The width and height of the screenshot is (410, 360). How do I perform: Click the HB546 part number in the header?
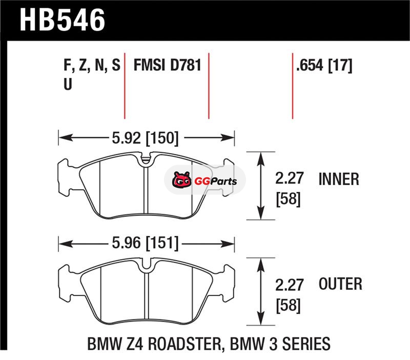pos(62,20)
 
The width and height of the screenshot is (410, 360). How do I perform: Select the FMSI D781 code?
pos(168,65)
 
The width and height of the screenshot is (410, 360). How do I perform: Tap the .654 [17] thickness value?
pos(324,65)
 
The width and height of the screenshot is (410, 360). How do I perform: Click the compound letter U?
pos(68,84)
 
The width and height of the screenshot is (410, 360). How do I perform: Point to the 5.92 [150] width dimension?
pos(146,138)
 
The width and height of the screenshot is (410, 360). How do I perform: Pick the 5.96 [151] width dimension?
pos(146,243)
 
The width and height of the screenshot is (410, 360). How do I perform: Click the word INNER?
pos(339,179)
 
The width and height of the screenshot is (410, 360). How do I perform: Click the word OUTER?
pos(340,284)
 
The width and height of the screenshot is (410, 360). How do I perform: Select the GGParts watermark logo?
pos(204,181)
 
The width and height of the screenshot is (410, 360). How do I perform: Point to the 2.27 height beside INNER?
pos(289,178)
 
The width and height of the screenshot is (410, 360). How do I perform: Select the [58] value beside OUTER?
pos(288,305)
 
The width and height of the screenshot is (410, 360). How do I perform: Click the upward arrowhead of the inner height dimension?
pos(260,159)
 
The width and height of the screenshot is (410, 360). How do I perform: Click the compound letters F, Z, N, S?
pos(92,65)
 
